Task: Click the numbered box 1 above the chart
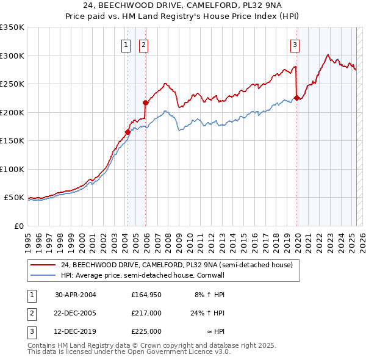(x=125, y=45)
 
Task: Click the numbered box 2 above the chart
(x=143, y=45)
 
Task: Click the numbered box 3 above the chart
(x=295, y=45)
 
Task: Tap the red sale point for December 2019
(x=296, y=98)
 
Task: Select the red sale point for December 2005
(x=145, y=103)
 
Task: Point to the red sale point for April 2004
(x=127, y=132)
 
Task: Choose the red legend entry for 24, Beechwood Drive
(x=177, y=265)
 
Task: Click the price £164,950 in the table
(x=146, y=294)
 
